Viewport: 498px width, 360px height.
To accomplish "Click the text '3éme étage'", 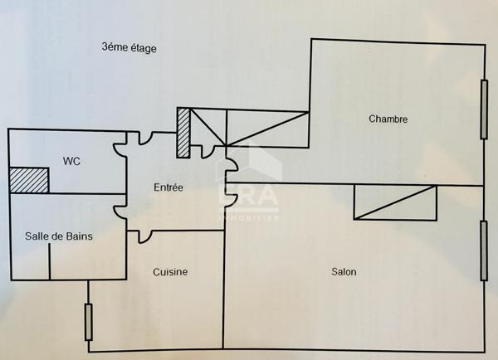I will coord(129,48).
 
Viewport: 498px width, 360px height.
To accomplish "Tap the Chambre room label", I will coord(388,119).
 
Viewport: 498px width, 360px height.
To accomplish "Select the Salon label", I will coord(344,271).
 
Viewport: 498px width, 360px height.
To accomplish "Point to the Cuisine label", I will coord(170,272).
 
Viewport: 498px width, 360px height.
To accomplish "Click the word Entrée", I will coord(168,187).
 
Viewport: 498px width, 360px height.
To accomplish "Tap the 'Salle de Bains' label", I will coord(58,236).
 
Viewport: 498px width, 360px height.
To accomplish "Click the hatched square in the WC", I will coord(29,180).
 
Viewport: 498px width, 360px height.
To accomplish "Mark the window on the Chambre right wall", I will coord(483,109).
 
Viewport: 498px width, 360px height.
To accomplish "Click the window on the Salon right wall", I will coord(483,251).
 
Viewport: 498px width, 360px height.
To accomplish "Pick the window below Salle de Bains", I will coord(88,321).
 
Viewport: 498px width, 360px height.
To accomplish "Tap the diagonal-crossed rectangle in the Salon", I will coord(395,202).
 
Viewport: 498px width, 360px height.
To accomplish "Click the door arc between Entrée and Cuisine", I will coord(145,236).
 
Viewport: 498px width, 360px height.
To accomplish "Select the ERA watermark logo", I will coord(249,187).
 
